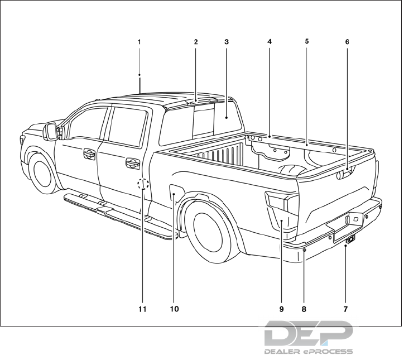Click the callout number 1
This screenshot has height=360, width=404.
140,42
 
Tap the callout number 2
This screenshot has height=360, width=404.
196,42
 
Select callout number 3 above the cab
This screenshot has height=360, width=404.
226,42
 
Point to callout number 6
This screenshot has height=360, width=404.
347,42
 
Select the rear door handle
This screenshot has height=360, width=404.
133,163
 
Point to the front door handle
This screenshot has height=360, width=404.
89,153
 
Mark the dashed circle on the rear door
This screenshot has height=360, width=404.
143,183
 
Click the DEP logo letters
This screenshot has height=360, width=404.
308,333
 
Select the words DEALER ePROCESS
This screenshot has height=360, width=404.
308,352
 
